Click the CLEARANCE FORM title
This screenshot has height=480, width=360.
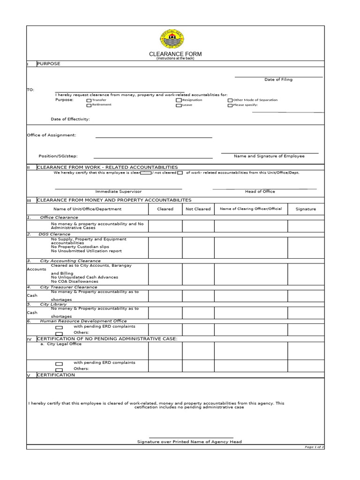pyautogui.click(x=175, y=54)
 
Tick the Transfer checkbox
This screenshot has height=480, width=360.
pyautogui.click(x=89, y=100)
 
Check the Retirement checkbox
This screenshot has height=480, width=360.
pyautogui.click(x=89, y=105)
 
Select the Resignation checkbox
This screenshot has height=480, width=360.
pyautogui.click(x=179, y=100)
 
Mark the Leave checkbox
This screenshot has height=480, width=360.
pyautogui.click(x=179, y=105)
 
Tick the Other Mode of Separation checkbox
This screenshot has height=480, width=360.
pyautogui.click(x=230, y=100)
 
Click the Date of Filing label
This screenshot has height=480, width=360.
pyautogui.click(x=278, y=80)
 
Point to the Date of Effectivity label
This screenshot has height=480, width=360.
pyautogui.click(x=70, y=119)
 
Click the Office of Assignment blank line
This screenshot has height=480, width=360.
pyautogui.click(x=154, y=137)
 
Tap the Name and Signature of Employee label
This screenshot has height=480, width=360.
pyautogui.click(x=269, y=156)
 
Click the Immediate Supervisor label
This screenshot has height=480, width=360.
pyautogui.click(x=118, y=191)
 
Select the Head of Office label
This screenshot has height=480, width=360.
pyautogui.click(x=260, y=191)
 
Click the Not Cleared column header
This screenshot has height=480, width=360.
pyautogui.click(x=198, y=209)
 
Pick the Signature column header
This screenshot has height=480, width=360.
pyautogui.click(x=306, y=209)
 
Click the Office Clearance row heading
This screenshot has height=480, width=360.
pyautogui.click(x=59, y=217)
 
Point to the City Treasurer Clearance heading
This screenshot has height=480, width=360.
pyautogui.click(x=68, y=287)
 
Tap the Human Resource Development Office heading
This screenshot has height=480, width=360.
pyautogui.click(x=83, y=321)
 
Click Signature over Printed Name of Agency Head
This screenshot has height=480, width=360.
pyautogui.click(x=189, y=442)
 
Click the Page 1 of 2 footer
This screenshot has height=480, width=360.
pyautogui.click(x=314, y=447)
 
